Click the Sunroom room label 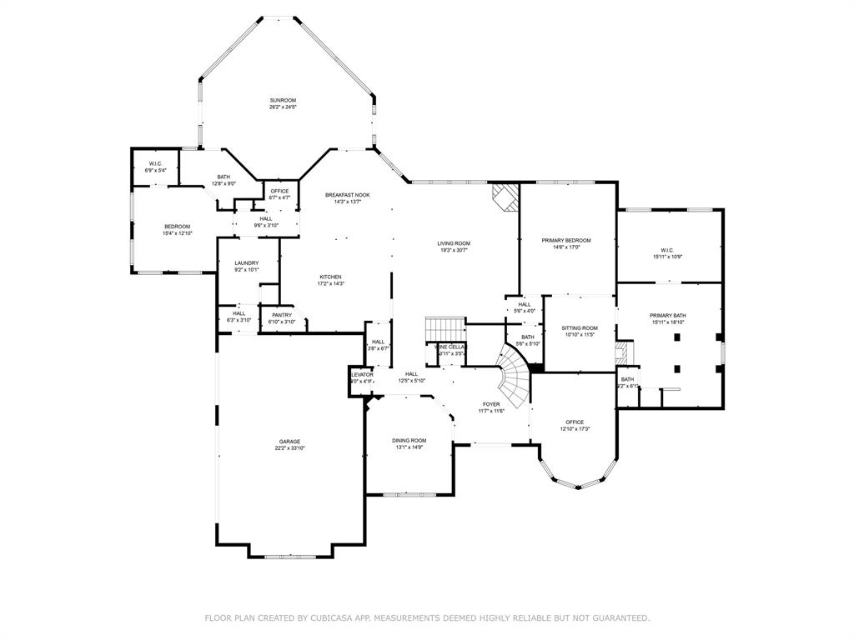tap(283, 100)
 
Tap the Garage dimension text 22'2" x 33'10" tap(289, 448)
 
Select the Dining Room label tap(409, 440)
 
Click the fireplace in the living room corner tap(504, 198)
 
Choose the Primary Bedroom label tap(566, 240)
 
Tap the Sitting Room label tap(580, 327)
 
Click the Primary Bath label tap(668, 315)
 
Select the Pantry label tap(282, 314)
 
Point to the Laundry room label tap(246, 262)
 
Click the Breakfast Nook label tap(347, 195)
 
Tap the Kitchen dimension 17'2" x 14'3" tap(330, 284)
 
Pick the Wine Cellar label tap(450, 347)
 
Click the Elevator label tap(361, 375)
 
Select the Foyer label tap(490, 403)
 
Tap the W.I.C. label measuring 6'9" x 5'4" tap(156, 170)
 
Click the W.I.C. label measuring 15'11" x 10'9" tap(667, 257)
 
